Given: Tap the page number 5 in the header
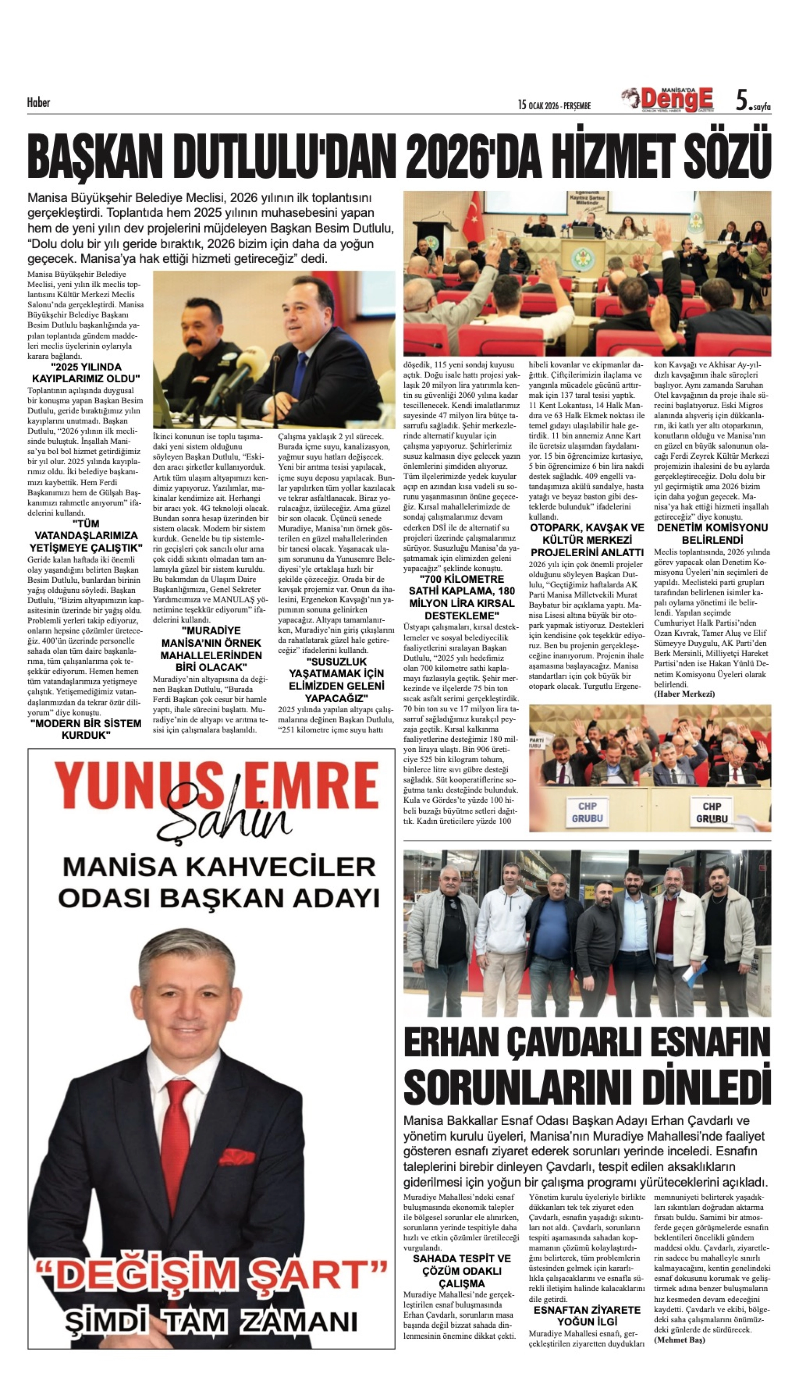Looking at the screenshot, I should tap(742, 100).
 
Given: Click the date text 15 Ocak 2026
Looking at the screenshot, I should tap(554, 105).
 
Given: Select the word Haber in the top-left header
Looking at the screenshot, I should tap(38, 103).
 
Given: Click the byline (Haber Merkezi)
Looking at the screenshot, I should tap(684, 694).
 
